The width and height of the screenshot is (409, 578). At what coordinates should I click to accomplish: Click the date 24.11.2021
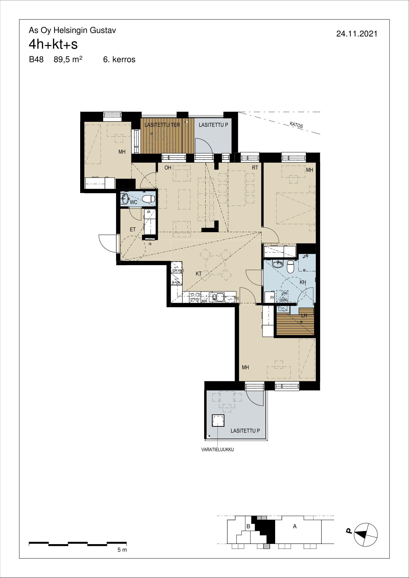pyautogui.click(x=357, y=34)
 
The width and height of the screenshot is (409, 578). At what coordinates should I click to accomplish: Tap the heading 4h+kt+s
pyautogui.click(x=53, y=45)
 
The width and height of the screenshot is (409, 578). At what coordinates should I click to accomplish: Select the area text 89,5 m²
pyautogui.click(x=68, y=60)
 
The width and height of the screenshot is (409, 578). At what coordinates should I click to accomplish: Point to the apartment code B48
pyautogui.click(x=36, y=60)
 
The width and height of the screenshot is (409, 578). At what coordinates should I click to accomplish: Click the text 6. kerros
pyautogui.click(x=119, y=60)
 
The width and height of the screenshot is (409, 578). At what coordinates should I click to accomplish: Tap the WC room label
pyautogui.click(x=134, y=202)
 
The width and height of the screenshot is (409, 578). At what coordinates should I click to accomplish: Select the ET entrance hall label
pyautogui.click(x=133, y=230)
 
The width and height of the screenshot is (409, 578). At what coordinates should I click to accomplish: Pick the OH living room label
pyautogui.click(x=168, y=168)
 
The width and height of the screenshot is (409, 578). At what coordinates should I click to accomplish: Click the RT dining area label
pyautogui.click(x=255, y=168)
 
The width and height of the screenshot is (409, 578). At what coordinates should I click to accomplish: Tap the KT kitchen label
pyautogui.click(x=199, y=274)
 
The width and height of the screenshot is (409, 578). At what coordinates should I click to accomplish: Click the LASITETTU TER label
pyautogui.click(x=162, y=125)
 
